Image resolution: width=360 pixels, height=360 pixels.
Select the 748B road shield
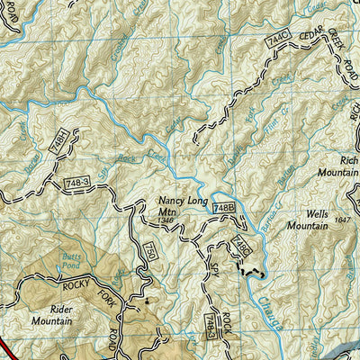pyautogui.click(x=223, y=209)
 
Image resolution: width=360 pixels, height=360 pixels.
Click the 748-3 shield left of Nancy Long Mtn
pyautogui.click(x=77, y=184)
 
